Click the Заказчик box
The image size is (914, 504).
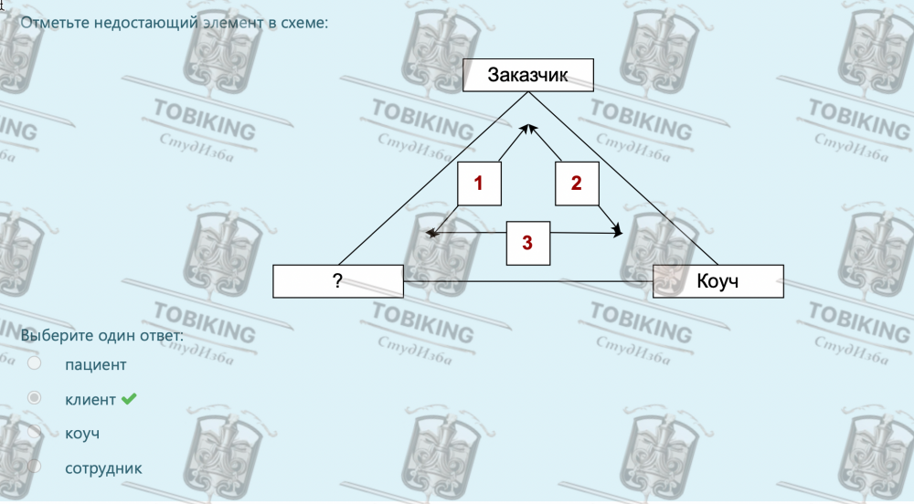pyautogui.click(x=528, y=76)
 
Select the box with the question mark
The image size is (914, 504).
pyautogui.click(x=337, y=281)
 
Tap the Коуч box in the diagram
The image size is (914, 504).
pyautogui.click(x=717, y=281)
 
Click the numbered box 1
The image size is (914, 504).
pyautogui.click(x=479, y=184)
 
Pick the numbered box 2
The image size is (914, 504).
pyautogui.click(x=576, y=184)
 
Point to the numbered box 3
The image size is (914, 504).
pyautogui.click(x=527, y=242)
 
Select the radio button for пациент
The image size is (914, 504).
pyautogui.click(x=35, y=364)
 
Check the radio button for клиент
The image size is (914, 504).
pyautogui.click(x=35, y=399)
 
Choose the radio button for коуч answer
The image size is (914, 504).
pyautogui.click(x=35, y=433)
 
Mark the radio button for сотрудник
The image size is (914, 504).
pyautogui.click(x=35, y=467)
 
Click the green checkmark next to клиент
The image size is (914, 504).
pyautogui.click(x=129, y=399)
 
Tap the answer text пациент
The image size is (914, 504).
pyautogui.click(x=96, y=365)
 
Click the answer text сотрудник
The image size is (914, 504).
pyautogui.click(x=103, y=468)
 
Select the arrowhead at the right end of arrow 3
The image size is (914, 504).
pyautogui.click(x=619, y=235)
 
